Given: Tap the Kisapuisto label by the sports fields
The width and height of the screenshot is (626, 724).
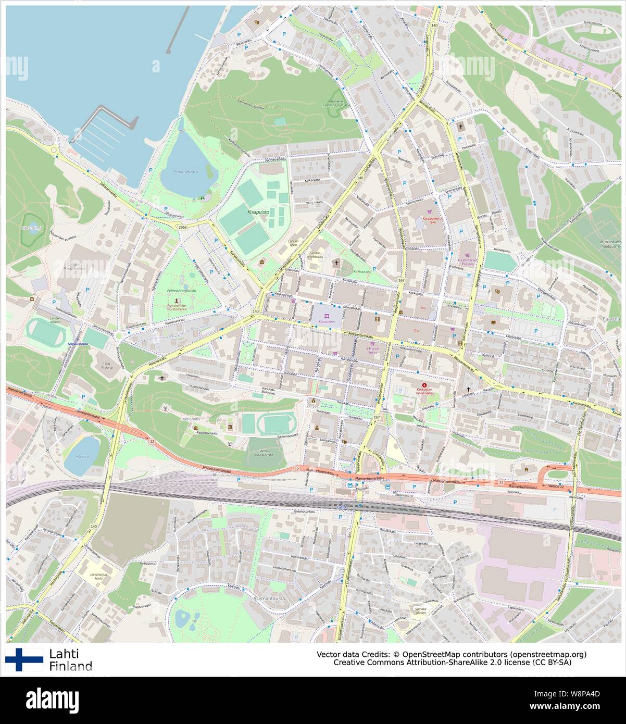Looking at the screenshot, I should (258, 213).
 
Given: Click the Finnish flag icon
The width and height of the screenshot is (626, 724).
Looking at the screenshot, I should (23, 659).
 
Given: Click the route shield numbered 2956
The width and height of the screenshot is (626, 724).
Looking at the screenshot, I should (182, 228).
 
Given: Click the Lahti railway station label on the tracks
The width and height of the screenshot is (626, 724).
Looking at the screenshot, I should (341, 507).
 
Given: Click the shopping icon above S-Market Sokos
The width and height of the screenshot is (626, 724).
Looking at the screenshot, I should (373, 344).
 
